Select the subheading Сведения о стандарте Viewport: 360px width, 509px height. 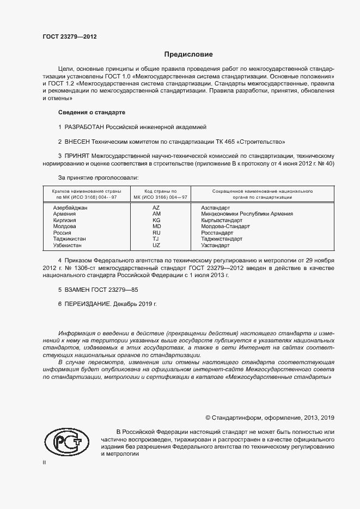[x=91, y=112]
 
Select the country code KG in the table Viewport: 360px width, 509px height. [x=156, y=220]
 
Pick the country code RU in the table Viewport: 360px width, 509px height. [x=156, y=232]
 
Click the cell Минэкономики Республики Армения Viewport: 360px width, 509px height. [x=247, y=214]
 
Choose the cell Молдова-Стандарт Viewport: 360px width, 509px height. [x=225, y=226]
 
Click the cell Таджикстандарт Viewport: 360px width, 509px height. [x=222, y=238]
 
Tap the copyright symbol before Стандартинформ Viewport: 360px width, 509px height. [x=208, y=418]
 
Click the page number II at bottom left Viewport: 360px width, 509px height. [x=44, y=462]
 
